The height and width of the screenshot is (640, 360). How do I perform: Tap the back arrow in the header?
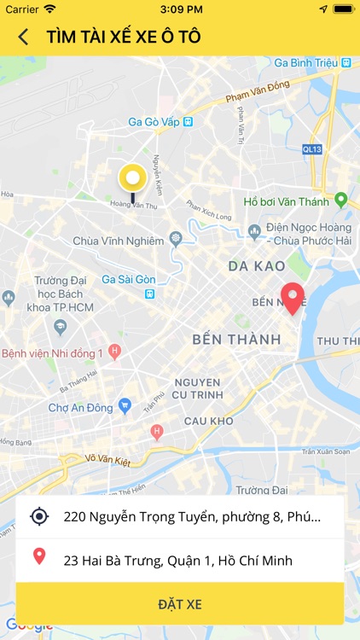coord(23,37)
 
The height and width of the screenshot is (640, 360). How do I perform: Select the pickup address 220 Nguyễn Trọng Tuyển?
coord(192,516)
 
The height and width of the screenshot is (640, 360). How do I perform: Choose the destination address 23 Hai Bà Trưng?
coord(177,561)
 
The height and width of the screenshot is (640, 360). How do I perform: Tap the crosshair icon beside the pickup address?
coord(39,516)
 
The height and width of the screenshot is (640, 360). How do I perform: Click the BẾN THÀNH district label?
coord(236,340)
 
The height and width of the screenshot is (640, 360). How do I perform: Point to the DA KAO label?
coord(257,266)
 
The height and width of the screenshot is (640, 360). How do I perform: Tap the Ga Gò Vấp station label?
coord(160,121)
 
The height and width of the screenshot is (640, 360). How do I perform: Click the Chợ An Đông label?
coord(80,408)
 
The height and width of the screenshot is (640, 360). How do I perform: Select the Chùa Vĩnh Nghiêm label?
coord(118,241)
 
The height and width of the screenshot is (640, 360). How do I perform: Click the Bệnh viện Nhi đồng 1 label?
coord(53,352)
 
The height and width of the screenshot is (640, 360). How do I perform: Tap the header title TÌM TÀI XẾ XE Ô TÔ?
coord(124,37)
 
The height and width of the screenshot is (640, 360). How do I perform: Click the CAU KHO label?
coord(209,421)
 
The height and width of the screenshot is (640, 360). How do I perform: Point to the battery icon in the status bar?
coord(343,9)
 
